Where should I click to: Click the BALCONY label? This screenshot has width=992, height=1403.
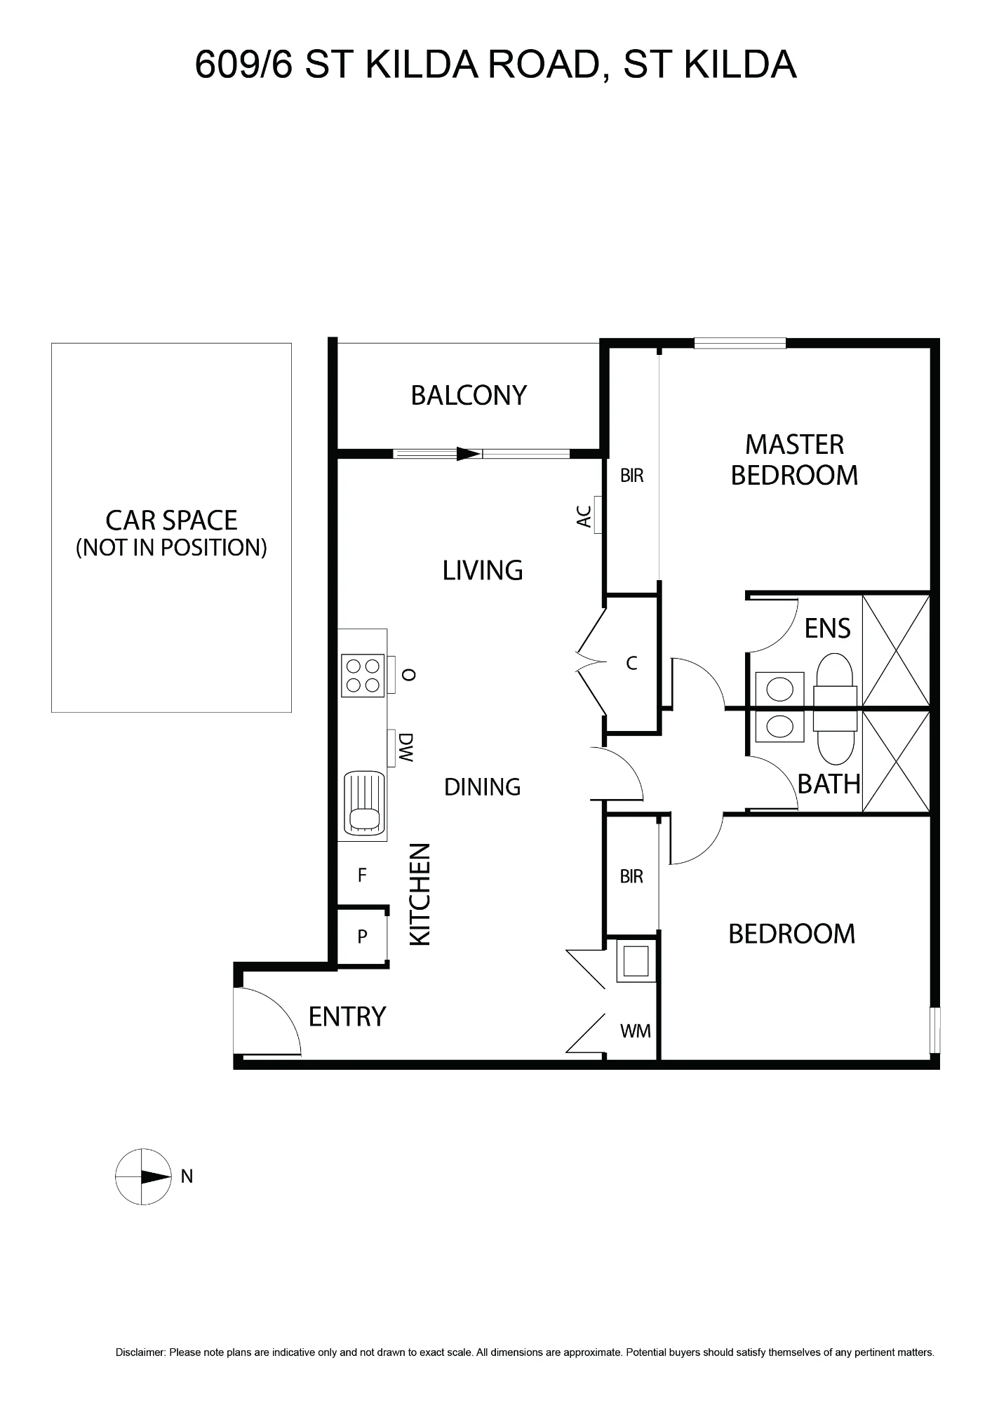(x=469, y=396)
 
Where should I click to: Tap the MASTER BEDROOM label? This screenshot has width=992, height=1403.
(x=794, y=460)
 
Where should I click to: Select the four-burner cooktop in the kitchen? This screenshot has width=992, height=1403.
(x=363, y=676)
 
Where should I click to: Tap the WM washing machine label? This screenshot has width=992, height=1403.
(x=635, y=1031)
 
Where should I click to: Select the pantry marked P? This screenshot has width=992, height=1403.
(x=362, y=937)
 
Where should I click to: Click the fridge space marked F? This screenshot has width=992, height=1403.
(x=362, y=875)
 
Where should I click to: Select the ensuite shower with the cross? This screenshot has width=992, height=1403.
(x=895, y=650)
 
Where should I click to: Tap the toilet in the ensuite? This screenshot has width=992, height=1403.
(x=835, y=679)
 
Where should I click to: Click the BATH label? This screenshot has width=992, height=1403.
(x=829, y=784)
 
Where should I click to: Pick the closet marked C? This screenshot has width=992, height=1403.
(x=631, y=664)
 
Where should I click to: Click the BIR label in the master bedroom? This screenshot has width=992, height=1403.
(x=631, y=476)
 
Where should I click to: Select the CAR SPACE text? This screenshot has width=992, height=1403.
(x=171, y=521)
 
